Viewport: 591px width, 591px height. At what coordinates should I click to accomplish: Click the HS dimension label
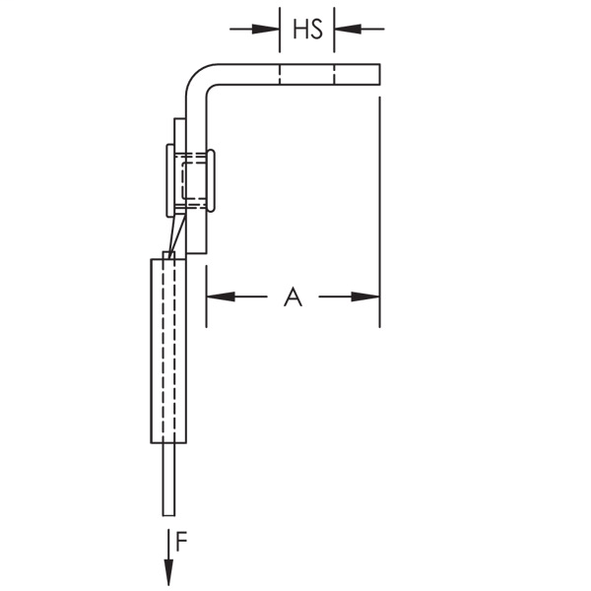click(308, 29)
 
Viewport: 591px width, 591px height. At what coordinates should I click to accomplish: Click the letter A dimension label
click(293, 297)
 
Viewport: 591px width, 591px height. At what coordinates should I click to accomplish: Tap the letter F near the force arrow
click(181, 542)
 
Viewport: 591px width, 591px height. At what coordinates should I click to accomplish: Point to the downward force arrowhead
click(168, 572)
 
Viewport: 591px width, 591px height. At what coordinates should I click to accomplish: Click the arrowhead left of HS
click(266, 29)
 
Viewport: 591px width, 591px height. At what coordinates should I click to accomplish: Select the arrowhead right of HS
click(348, 29)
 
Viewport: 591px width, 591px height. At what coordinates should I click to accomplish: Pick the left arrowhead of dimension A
click(221, 296)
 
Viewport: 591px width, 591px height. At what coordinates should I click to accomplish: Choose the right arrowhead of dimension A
click(365, 296)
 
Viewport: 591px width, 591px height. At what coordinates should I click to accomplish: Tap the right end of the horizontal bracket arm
click(379, 74)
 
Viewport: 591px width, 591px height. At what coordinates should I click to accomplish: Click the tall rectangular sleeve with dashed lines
click(168, 351)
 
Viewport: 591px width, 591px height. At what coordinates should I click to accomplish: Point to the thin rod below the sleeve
click(168, 480)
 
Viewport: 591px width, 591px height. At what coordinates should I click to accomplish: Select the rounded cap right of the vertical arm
click(211, 180)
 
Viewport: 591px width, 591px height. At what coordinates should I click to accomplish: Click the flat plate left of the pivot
click(170, 180)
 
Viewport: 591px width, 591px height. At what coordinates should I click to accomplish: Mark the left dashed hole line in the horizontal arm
click(280, 74)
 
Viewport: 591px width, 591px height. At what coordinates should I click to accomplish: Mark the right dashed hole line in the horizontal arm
click(334, 74)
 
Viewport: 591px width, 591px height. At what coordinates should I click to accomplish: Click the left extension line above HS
click(280, 30)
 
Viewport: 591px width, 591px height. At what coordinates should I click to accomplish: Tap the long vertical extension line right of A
click(379, 212)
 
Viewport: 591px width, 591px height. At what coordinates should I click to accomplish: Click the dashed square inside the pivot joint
click(193, 180)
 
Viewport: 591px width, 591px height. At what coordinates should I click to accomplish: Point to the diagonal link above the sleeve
click(176, 234)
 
